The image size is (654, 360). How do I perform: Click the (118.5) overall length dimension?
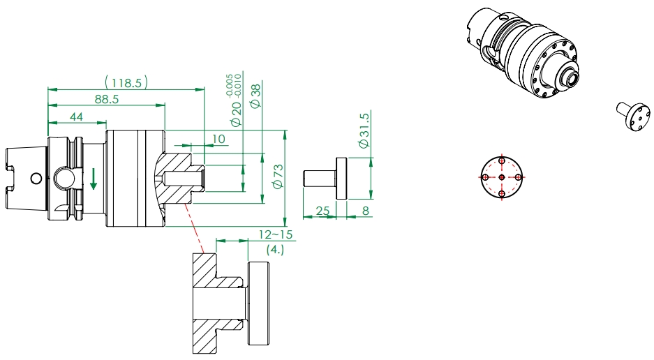coord(126,82)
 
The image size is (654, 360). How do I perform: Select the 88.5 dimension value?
coord(107,99)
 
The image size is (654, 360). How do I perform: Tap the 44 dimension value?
coord(76,117)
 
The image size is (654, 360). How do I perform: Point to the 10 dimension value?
coord(218,139)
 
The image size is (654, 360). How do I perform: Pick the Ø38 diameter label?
coord(255,96)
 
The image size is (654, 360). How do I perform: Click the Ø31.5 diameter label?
coord(363,130)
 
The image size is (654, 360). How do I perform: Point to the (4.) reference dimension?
coord(275,250)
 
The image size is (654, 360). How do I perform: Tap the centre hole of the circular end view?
coord(502,177)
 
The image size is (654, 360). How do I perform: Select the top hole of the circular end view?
coord(502,161)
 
